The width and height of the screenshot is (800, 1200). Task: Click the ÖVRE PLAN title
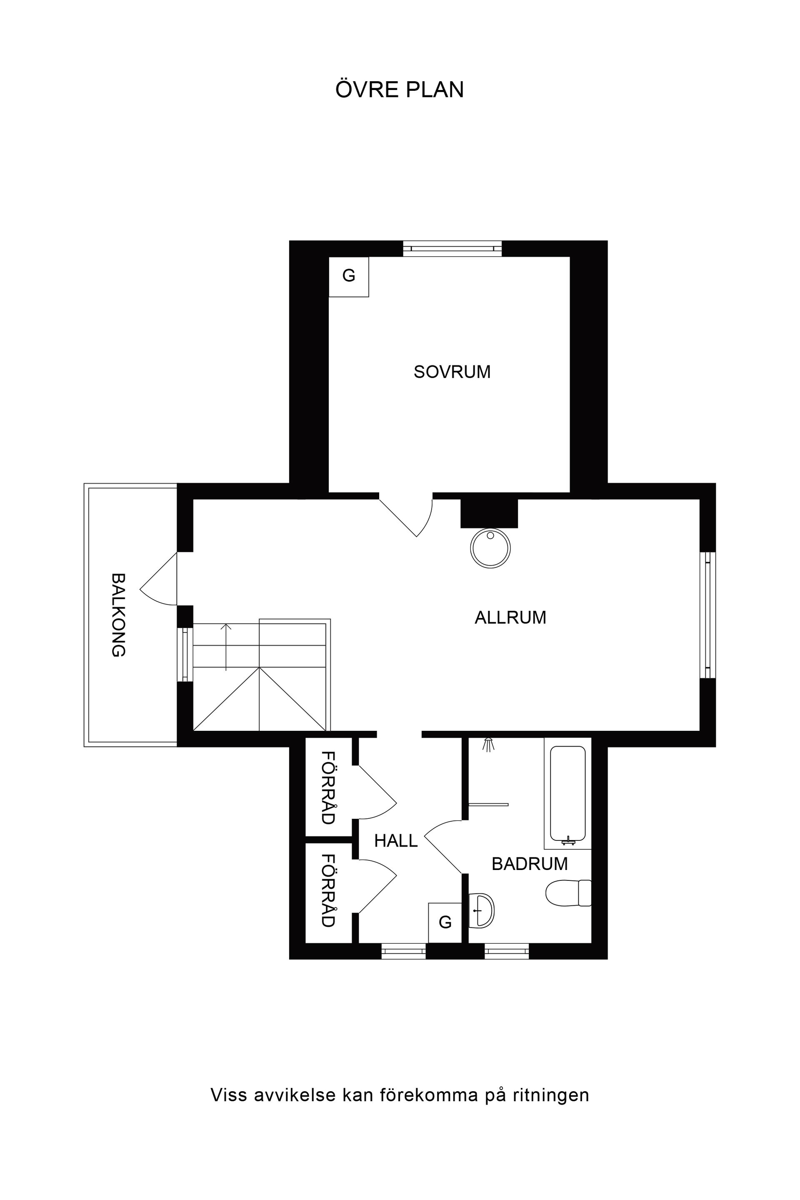pyautogui.click(x=400, y=90)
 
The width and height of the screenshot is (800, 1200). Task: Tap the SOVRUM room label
pyautogui.click(x=452, y=372)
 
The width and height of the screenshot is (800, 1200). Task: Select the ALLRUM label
pyautogui.click(x=510, y=618)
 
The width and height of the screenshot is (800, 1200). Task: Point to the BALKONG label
pyautogui.click(x=118, y=615)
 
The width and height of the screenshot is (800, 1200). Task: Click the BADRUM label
pyautogui.click(x=530, y=864)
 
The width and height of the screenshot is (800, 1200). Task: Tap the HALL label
pyautogui.click(x=396, y=841)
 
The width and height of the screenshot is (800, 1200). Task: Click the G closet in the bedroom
pyautogui.click(x=348, y=276)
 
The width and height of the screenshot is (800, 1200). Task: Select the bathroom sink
pyautogui.click(x=481, y=910)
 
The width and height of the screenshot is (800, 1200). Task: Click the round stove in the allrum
pyautogui.click(x=490, y=548)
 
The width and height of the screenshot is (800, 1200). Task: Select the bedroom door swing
pyautogui.click(x=411, y=516)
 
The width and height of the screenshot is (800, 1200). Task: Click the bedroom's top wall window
pyautogui.click(x=452, y=248)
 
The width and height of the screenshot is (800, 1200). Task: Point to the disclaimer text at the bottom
pyautogui.click(x=400, y=1095)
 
